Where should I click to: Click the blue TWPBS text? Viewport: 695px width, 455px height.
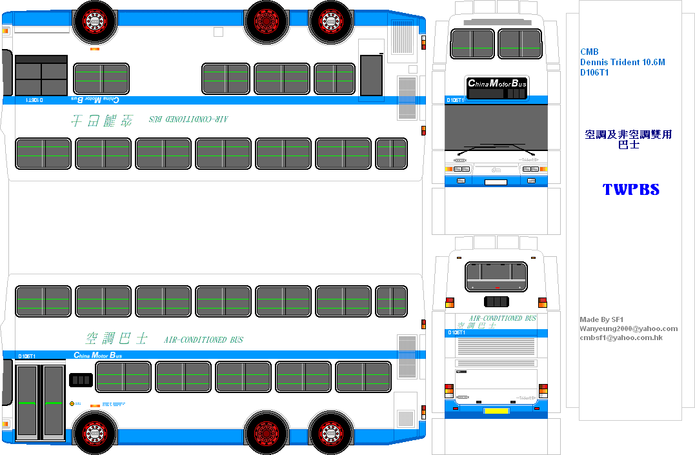point(630,190)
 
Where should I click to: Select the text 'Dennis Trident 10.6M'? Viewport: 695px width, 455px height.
point(622,63)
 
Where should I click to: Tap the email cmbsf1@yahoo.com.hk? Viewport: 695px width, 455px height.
point(621,338)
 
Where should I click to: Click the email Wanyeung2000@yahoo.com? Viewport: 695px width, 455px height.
point(629,329)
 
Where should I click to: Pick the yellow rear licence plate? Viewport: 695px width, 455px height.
point(496,410)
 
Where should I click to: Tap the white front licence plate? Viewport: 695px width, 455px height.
point(496,182)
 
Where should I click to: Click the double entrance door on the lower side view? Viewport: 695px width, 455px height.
point(41,401)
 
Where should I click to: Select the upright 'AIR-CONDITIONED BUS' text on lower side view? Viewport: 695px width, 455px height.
point(203,339)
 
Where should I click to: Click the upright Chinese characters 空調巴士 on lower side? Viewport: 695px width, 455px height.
point(117,338)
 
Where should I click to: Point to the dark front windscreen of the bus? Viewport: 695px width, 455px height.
point(496,127)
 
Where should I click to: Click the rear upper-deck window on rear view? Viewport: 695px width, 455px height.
point(496,276)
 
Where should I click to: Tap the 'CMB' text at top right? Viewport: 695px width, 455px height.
point(589,52)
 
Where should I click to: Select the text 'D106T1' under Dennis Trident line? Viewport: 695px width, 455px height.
point(594,73)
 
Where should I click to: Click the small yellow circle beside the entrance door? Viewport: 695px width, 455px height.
point(72,403)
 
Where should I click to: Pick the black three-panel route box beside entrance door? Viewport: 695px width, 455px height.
point(81,379)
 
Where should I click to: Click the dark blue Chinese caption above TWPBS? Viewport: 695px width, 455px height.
point(628,139)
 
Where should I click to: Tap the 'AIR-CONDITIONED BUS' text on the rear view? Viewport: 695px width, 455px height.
point(503,318)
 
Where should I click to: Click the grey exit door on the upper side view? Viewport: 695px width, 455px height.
point(371,76)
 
